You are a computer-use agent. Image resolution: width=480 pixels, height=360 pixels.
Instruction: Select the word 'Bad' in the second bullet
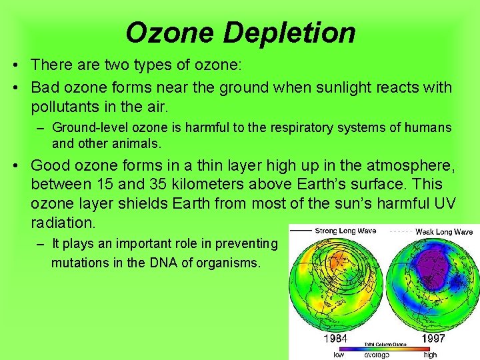tap(44, 87)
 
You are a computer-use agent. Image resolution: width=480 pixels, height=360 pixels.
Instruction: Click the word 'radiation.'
tap(63, 221)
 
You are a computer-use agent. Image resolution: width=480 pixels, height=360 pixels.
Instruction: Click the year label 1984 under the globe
tap(335, 339)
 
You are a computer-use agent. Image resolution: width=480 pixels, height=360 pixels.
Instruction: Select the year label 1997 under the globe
tap(434, 339)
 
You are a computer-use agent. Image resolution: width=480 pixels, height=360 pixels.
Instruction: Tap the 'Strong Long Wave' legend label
tap(344, 231)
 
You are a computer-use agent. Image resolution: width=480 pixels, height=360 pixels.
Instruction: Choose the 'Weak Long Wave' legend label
tap(444, 231)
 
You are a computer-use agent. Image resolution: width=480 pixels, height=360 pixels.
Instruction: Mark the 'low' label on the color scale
tap(340, 355)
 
